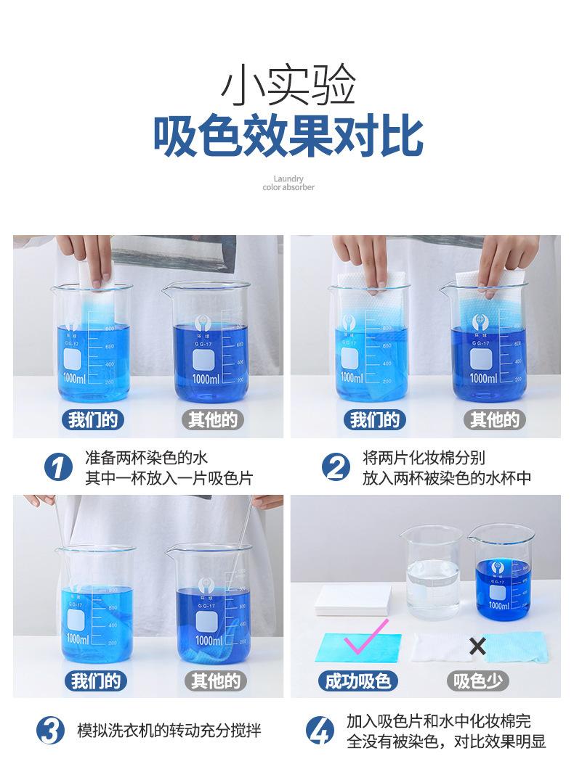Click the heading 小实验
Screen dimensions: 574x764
(288, 86)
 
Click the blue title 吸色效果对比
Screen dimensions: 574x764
(288, 136)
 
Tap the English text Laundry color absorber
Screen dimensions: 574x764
(288, 183)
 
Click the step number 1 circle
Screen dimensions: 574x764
(58, 467)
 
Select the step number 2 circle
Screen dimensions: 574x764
(336, 467)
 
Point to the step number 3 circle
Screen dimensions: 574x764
(50, 731)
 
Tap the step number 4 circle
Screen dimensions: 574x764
(320, 731)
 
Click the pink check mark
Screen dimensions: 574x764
(365, 636)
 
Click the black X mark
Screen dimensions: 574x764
(477, 646)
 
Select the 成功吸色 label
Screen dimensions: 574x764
(357, 681)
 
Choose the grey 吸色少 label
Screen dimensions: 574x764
(478, 681)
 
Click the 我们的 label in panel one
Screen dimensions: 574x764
(93, 419)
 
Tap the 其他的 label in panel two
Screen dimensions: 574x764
(495, 419)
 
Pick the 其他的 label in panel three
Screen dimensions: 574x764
(215, 681)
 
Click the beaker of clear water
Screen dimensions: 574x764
(432, 572)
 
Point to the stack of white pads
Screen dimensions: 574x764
(353, 600)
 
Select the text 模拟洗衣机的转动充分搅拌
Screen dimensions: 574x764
(169, 731)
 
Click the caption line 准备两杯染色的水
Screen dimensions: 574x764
(147, 458)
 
